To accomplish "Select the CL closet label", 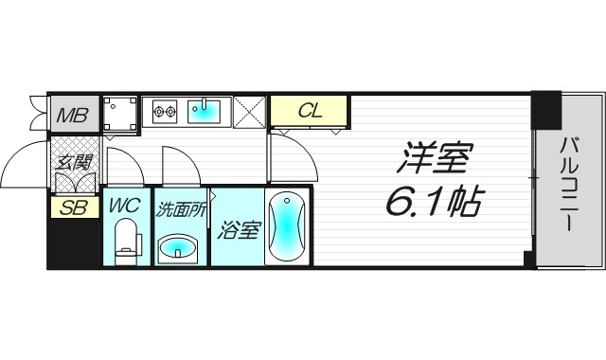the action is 310,111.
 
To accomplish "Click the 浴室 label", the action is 236,229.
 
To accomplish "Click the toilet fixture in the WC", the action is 126,241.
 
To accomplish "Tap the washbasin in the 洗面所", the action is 179,248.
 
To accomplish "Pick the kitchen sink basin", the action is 206,112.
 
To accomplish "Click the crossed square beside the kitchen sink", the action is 249,111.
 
